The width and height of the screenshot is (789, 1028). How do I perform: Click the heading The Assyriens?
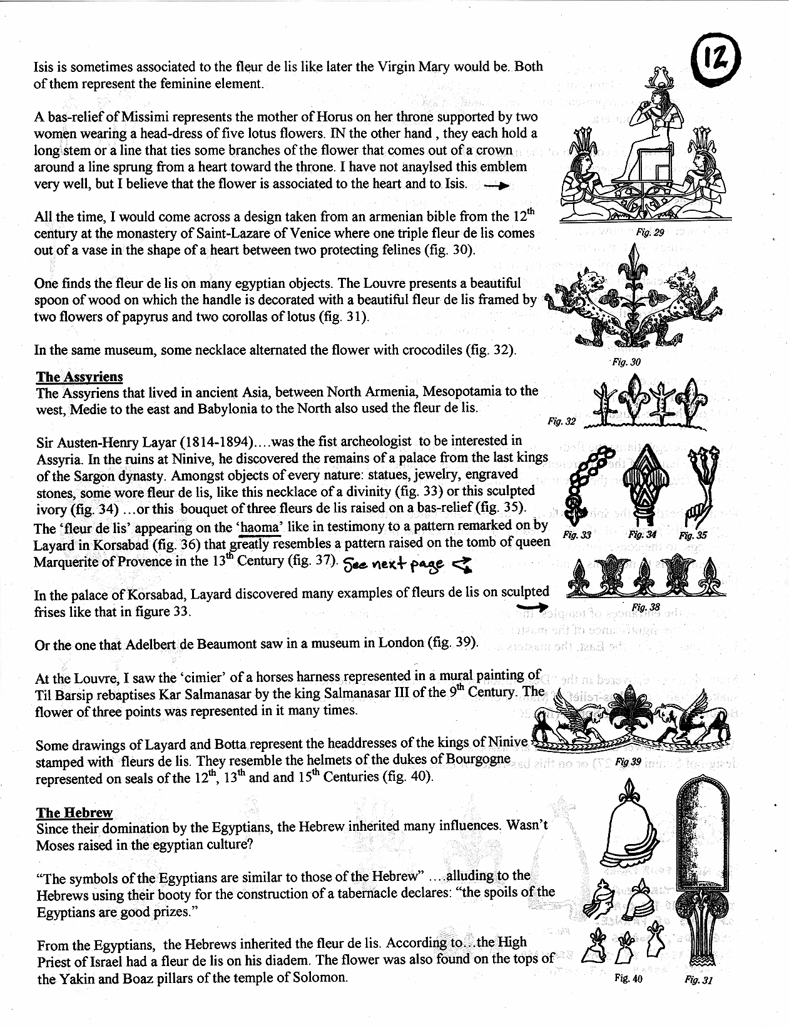click(x=79, y=377)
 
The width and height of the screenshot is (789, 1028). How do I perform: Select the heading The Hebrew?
click(x=74, y=812)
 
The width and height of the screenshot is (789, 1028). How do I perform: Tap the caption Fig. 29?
click(x=649, y=232)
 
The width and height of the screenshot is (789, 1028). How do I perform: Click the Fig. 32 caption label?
click(x=561, y=422)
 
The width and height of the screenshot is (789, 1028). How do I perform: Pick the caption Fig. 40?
click(x=629, y=979)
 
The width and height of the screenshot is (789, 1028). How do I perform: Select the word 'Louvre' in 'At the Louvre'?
click(x=82, y=677)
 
